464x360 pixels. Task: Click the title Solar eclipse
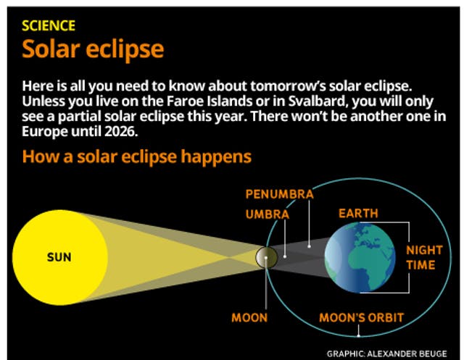[x=93, y=49]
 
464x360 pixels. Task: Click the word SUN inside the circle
[x=59, y=257]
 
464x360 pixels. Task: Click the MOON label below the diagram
[x=249, y=318]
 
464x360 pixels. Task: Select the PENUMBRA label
[x=279, y=194]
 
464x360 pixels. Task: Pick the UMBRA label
[x=267, y=214]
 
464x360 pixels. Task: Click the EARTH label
[x=358, y=214]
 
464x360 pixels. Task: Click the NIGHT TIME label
[x=424, y=257]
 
